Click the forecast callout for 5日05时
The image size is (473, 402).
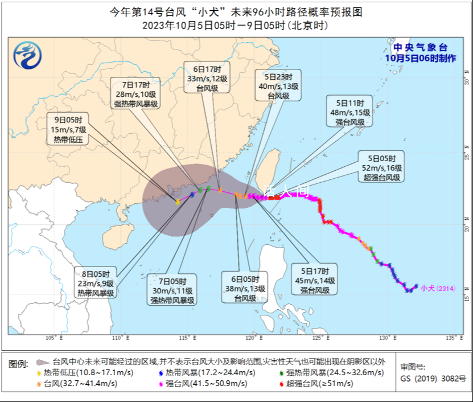(x=381, y=167)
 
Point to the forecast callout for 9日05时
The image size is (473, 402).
(x=68, y=129)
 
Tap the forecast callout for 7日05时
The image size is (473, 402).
(x=172, y=290)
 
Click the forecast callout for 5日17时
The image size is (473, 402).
(x=315, y=280)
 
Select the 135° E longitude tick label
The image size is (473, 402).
(x=454, y=338)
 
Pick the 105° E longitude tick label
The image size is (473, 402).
(x=54, y=338)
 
